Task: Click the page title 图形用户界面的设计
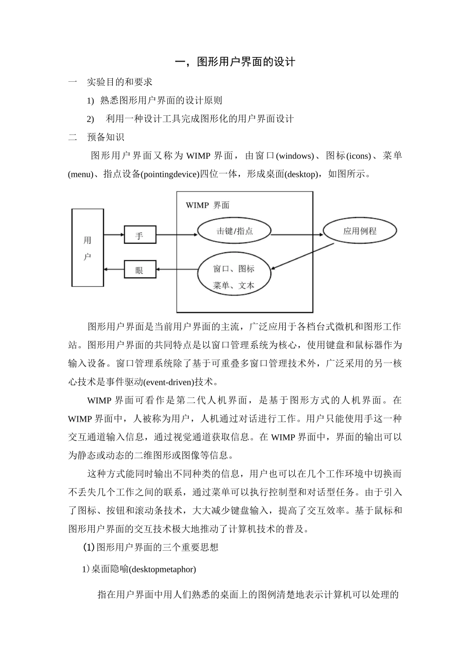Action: coord(235,62)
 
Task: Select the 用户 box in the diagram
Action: coord(88,247)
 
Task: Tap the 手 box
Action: coord(139,235)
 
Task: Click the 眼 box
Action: coord(139,269)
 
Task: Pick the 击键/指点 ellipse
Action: coord(234,231)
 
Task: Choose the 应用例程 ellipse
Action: coord(360,231)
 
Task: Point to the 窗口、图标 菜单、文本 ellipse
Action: coord(234,276)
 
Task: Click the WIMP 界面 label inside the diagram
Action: coord(207,205)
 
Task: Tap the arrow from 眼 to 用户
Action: coord(114,269)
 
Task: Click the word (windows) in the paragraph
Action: coord(295,156)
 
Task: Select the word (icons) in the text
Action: coord(359,156)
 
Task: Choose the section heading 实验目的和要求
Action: coord(120,82)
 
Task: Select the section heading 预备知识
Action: coord(106,137)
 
